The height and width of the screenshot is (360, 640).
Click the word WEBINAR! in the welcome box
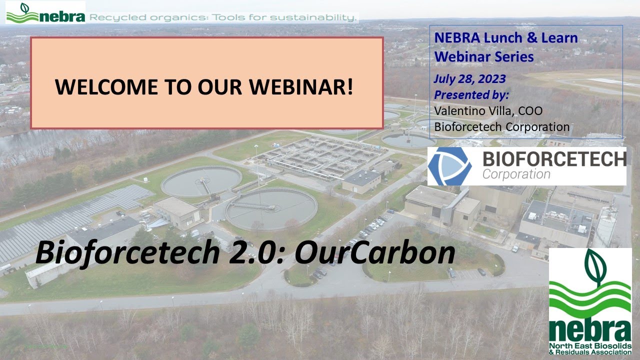[x=301, y=87]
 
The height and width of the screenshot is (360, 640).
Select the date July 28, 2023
[x=469, y=79]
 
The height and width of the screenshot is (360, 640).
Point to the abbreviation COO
[x=530, y=111]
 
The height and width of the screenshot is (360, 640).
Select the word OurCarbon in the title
[x=374, y=253]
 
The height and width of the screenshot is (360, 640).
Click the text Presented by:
[x=471, y=95]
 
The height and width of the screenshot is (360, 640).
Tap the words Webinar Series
[x=484, y=57]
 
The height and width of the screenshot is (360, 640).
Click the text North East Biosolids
[x=590, y=345]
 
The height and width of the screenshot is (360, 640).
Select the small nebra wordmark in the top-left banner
[x=61, y=16]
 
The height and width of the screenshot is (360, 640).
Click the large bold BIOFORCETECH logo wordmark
[x=554, y=159]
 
